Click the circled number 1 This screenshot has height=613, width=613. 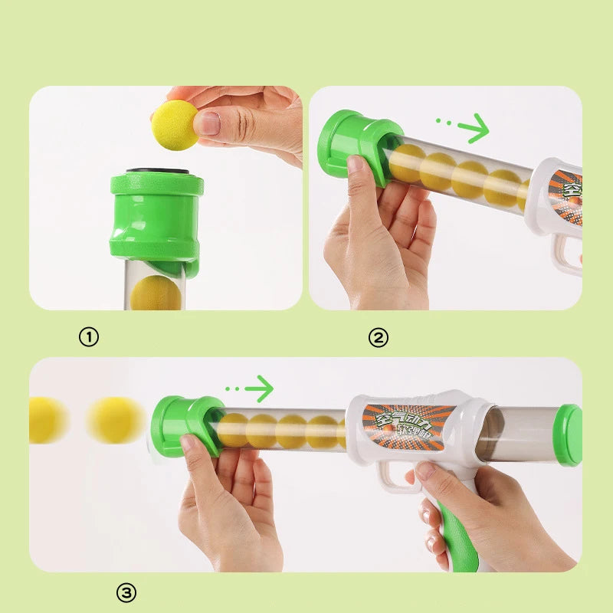click(x=90, y=337)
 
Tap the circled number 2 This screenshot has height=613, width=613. click(x=379, y=337)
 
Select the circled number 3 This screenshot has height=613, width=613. click(x=126, y=592)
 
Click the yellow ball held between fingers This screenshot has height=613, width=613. click(x=175, y=124)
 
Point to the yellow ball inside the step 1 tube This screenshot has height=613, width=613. click(x=156, y=293)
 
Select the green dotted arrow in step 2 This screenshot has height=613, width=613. click(x=463, y=127)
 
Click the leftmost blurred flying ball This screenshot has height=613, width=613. click(x=44, y=420)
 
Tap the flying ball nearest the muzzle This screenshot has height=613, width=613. click(x=115, y=420)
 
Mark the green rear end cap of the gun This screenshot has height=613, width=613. click(x=569, y=435)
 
